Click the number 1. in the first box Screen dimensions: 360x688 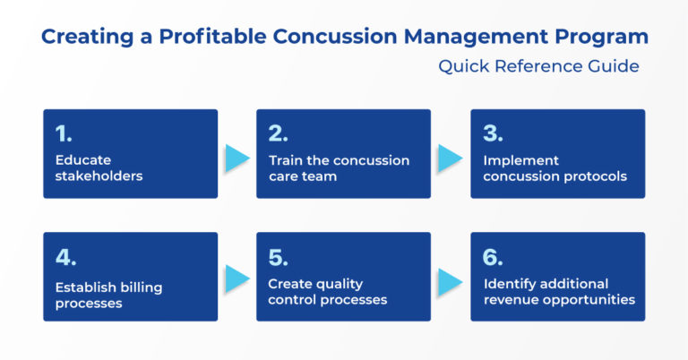coord(64,134)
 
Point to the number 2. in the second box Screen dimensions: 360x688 coord(279,134)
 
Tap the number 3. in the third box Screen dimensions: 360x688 coord(493,134)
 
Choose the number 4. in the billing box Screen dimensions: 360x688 coord(65,258)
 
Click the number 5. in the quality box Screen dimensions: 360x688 coord(279,258)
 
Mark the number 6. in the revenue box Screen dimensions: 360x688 coord(493,258)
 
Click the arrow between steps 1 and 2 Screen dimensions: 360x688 coord(236,158)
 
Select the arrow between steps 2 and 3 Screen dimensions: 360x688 coord(450,158)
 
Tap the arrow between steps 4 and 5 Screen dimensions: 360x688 coord(236,279)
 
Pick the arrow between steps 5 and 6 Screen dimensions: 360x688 coord(450,279)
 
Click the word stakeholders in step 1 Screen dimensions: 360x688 coord(99,176)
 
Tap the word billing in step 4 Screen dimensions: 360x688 coord(143,288)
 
